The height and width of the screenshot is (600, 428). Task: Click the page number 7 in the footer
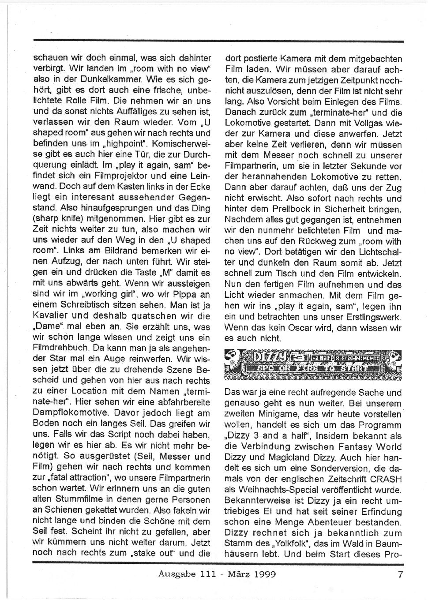pos(400,574)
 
